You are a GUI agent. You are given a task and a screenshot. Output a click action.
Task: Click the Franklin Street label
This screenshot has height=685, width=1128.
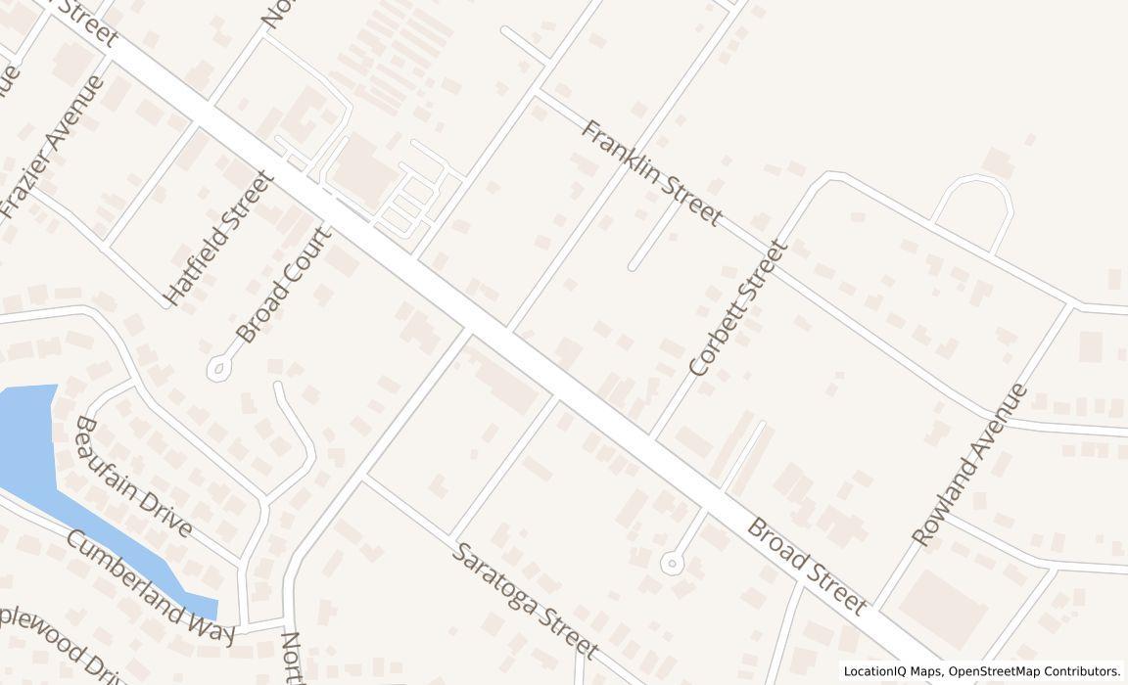pos(651,172)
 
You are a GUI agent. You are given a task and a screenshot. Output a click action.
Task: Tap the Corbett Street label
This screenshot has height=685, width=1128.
pos(738,308)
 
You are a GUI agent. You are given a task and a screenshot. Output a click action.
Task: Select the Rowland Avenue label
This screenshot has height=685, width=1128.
pos(969,465)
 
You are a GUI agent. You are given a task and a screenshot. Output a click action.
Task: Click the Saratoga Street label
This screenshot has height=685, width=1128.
pos(524,599)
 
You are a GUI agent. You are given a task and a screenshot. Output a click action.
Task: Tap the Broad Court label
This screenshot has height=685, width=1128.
pos(284,285)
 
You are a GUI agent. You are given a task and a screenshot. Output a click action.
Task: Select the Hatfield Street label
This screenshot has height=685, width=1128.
pos(217,238)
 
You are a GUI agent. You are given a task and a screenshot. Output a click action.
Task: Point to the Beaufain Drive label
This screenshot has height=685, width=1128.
pos(132,476)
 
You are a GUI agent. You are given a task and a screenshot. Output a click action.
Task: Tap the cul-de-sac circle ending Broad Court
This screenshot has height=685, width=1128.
pos(217,368)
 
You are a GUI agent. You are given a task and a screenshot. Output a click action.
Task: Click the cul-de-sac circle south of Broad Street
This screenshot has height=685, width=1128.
pos(672,563)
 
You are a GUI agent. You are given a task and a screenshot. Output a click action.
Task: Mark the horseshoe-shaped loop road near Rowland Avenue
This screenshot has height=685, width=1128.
pos(972,202)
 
